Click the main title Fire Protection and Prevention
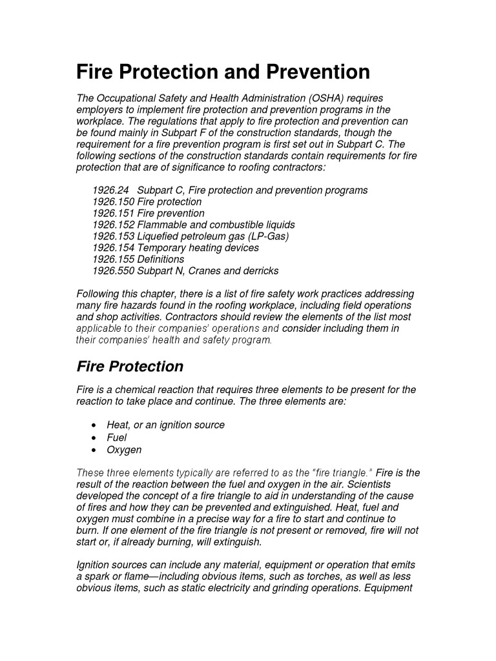click(x=223, y=71)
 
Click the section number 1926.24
click(x=110, y=190)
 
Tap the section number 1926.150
click(x=113, y=202)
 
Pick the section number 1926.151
click(x=113, y=214)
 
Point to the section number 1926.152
click(x=113, y=225)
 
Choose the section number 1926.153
click(x=113, y=237)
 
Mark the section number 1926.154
click(x=113, y=248)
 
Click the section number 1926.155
click(x=113, y=259)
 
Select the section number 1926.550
click(x=113, y=271)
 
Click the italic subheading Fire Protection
click(x=130, y=367)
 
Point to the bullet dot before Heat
click(x=94, y=425)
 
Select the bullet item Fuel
click(x=117, y=438)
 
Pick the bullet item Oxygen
click(x=124, y=450)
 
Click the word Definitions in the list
click(x=161, y=259)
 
